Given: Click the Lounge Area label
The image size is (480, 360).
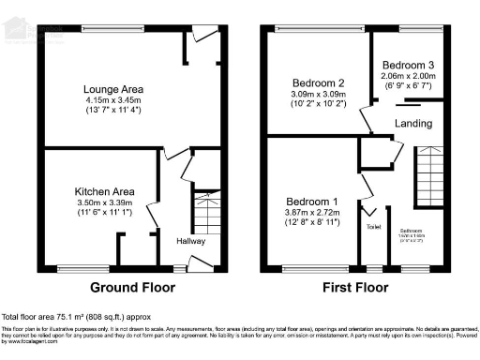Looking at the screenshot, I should (x=112, y=89).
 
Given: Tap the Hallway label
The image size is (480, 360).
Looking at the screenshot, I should (x=191, y=241).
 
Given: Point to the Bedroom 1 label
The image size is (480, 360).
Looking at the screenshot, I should (x=310, y=202).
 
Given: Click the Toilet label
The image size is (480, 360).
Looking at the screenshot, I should (x=373, y=227).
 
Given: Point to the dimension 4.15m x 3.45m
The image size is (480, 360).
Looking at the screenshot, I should (x=112, y=100).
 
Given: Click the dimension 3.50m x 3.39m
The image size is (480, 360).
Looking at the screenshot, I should (x=105, y=202).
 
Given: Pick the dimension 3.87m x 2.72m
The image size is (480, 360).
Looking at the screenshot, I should (x=310, y=214).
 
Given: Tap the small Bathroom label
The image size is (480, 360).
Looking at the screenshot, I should (x=412, y=230).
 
